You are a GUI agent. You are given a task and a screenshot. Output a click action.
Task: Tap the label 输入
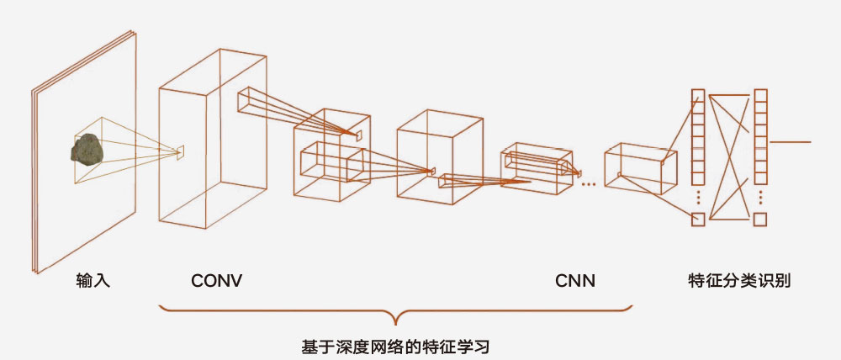click(93, 281)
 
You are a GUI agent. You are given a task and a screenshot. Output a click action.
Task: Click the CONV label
click(216, 281)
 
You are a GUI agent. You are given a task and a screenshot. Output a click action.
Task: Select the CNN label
click(575, 281)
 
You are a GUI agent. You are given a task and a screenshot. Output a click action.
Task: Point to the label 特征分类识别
click(739, 281)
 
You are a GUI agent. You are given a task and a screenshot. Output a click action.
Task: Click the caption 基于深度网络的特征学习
click(395, 346)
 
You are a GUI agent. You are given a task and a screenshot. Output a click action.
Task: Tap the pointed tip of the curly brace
click(395, 324)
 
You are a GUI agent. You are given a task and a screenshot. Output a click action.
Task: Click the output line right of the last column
click(790, 142)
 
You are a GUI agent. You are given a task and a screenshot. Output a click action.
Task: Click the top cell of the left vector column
click(696, 94)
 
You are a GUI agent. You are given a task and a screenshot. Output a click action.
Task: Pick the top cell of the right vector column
click(760, 94)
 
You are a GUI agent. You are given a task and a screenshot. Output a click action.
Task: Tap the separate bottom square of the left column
click(696, 220)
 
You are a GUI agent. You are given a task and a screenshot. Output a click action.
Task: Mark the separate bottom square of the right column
click(760, 220)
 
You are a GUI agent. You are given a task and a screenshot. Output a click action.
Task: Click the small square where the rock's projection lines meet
click(180, 151)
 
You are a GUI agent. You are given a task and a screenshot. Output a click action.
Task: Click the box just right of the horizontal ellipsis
click(639, 168)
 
